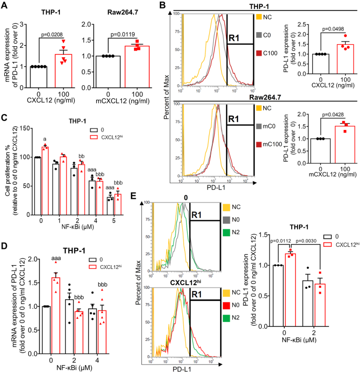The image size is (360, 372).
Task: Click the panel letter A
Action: (x=6, y=6)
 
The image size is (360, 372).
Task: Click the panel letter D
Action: (x=6, y=244)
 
